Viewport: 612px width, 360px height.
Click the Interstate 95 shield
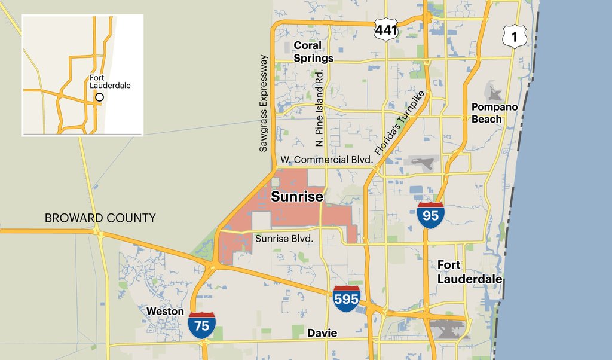430,215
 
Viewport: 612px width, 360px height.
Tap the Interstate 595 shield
347,299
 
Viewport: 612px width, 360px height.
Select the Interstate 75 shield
201,325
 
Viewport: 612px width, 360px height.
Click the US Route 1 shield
513,36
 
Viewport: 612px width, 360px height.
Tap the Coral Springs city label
313,52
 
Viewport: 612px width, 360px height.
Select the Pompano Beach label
495,113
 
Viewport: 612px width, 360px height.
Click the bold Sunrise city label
297,197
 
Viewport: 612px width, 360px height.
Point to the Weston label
165,312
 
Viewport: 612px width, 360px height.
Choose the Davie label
322,333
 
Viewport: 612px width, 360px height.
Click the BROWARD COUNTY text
100,218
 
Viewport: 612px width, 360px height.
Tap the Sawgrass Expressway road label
264,103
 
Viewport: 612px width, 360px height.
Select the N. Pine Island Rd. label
319,108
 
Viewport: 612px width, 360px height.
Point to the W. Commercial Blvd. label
326,160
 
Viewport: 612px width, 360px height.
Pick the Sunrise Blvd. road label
284,238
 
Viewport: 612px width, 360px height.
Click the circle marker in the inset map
99,97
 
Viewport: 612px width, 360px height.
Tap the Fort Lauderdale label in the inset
110,82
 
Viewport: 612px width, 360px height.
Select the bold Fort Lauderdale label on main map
469,271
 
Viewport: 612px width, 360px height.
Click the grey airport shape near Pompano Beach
495,93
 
